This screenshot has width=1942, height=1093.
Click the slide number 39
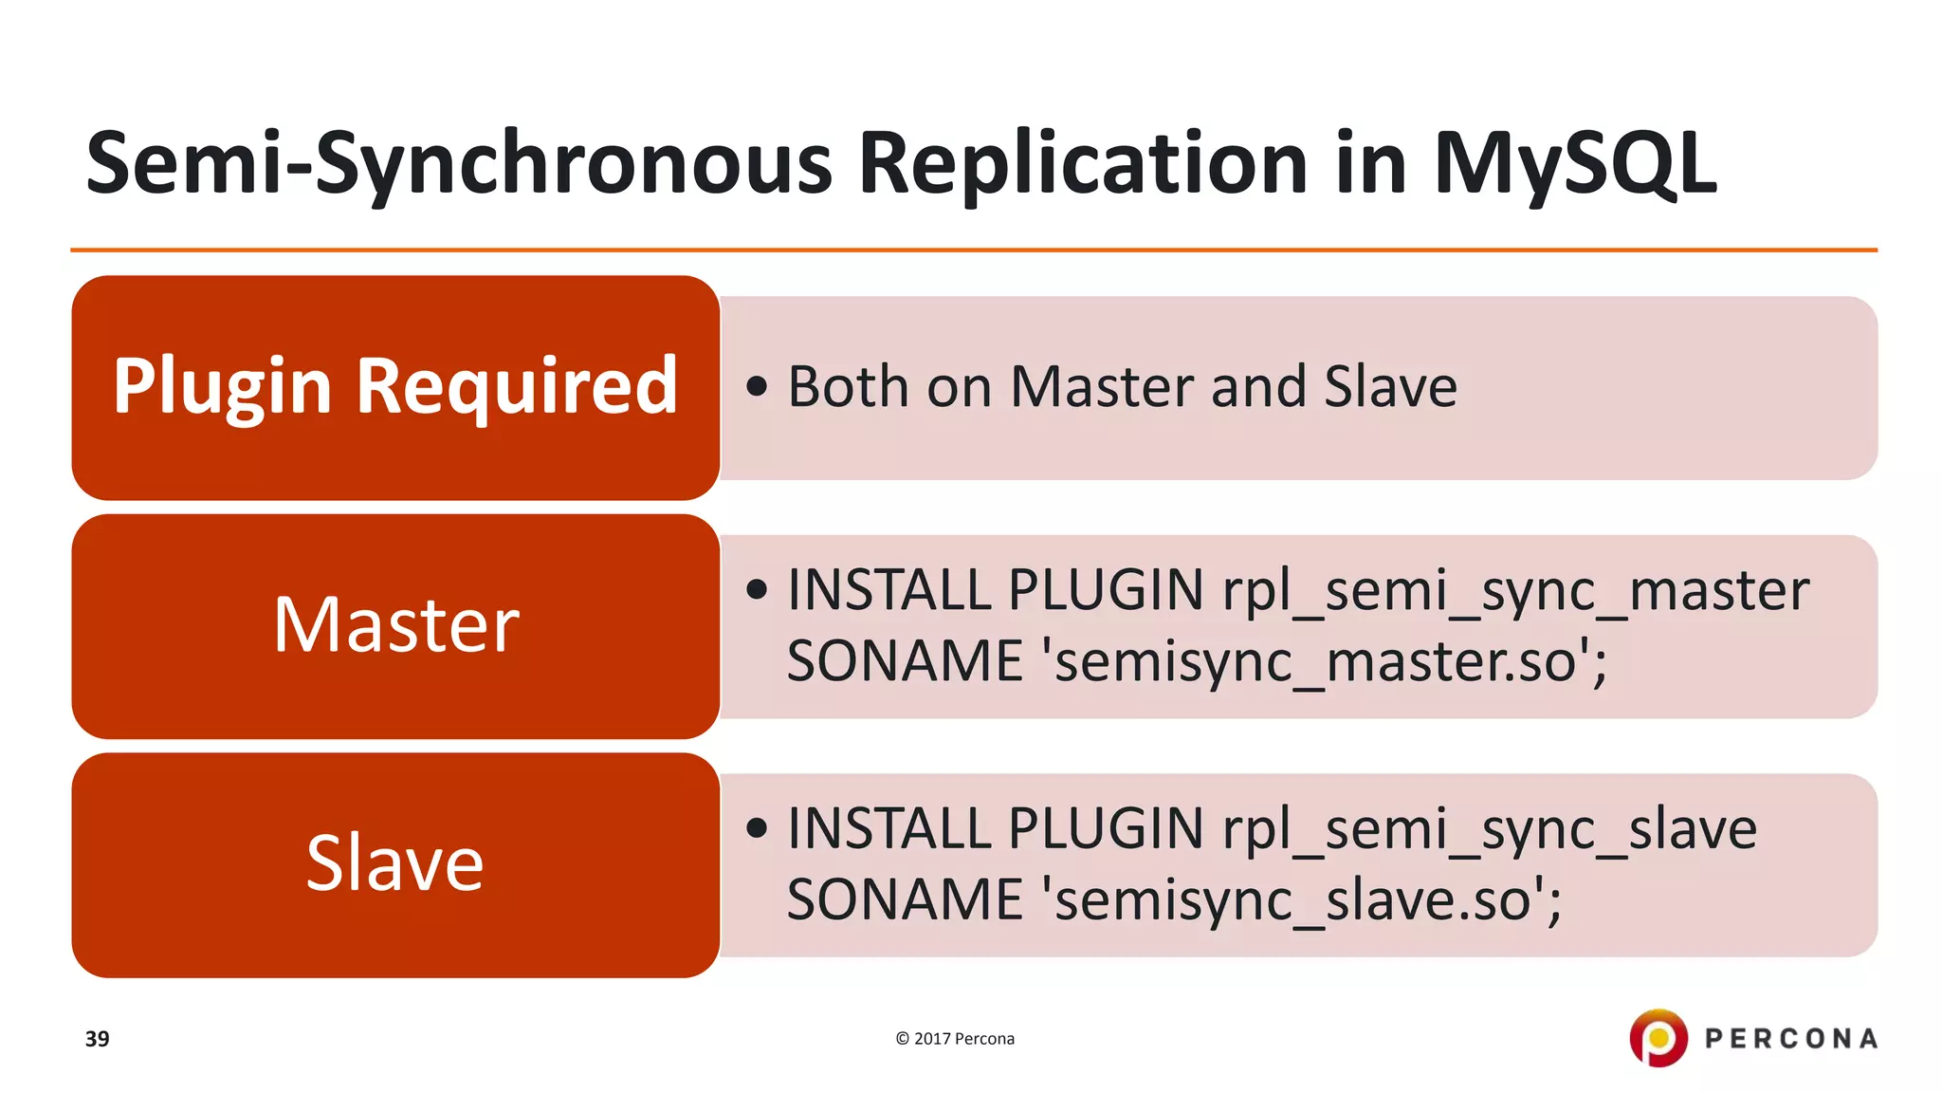pyautogui.click(x=97, y=1039)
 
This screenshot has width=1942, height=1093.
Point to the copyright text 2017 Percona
pyautogui.click(x=955, y=1039)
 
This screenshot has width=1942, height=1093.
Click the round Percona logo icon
pyautogui.click(x=1658, y=1037)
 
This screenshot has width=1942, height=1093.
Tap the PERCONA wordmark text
pyautogui.click(x=1790, y=1039)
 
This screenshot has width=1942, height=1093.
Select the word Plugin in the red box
pyautogui.click(x=222, y=387)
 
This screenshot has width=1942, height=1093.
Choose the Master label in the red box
pyautogui.click(x=395, y=625)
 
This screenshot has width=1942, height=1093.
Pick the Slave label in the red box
pyautogui.click(x=394, y=863)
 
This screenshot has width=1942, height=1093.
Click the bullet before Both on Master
pyautogui.click(x=756, y=386)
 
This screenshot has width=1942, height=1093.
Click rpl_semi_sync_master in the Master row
pyautogui.click(x=1515, y=591)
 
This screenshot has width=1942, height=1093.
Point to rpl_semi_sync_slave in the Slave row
pyautogui.click(x=1489, y=829)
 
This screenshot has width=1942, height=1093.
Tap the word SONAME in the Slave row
pyautogui.click(x=905, y=900)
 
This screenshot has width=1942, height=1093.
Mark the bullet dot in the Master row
pyautogui.click(x=756, y=590)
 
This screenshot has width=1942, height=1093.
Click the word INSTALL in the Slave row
pyautogui.click(x=889, y=829)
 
